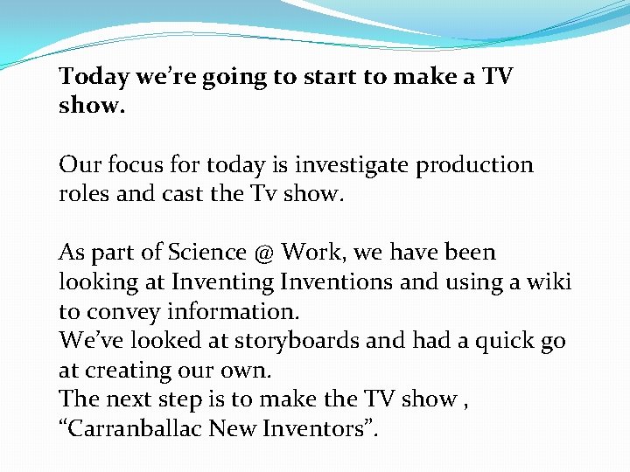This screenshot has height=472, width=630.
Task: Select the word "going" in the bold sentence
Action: pos(236,77)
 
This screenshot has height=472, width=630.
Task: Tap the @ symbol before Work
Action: pos(265,253)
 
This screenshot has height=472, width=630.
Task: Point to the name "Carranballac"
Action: pos(146,429)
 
